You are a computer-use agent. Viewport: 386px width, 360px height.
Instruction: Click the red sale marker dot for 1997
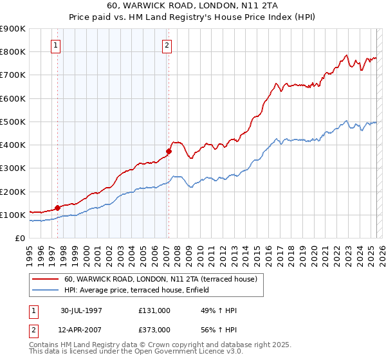coord(57,208)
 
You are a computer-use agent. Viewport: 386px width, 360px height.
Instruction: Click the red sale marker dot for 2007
coord(169,152)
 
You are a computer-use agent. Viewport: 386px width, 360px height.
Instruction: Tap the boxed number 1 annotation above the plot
coord(56,46)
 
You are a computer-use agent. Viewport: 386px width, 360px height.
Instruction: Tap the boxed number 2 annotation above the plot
coord(167,46)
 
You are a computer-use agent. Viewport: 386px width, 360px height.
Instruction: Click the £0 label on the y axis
coord(19,238)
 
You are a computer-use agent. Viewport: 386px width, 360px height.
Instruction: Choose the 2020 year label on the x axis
coord(315,253)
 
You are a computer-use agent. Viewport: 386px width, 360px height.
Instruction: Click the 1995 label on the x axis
coord(30,253)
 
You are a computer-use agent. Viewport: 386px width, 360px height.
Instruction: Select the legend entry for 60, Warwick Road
coord(160,279)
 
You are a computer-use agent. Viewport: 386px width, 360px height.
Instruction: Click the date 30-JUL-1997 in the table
coord(82,310)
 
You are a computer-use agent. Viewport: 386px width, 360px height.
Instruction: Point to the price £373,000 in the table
coord(154,330)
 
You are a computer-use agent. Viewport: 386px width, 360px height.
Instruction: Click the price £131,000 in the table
coord(154,310)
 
